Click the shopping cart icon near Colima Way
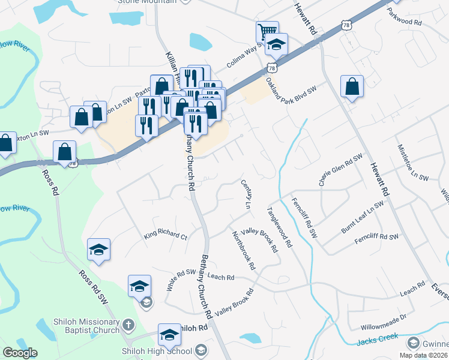pyautogui.click(x=267, y=31)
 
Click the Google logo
pyautogui.click(x=20, y=353)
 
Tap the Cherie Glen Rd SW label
pyautogui.click(x=340, y=170)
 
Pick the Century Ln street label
pyautogui.click(x=246, y=194)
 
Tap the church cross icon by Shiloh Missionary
pyautogui.click(x=127, y=326)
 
